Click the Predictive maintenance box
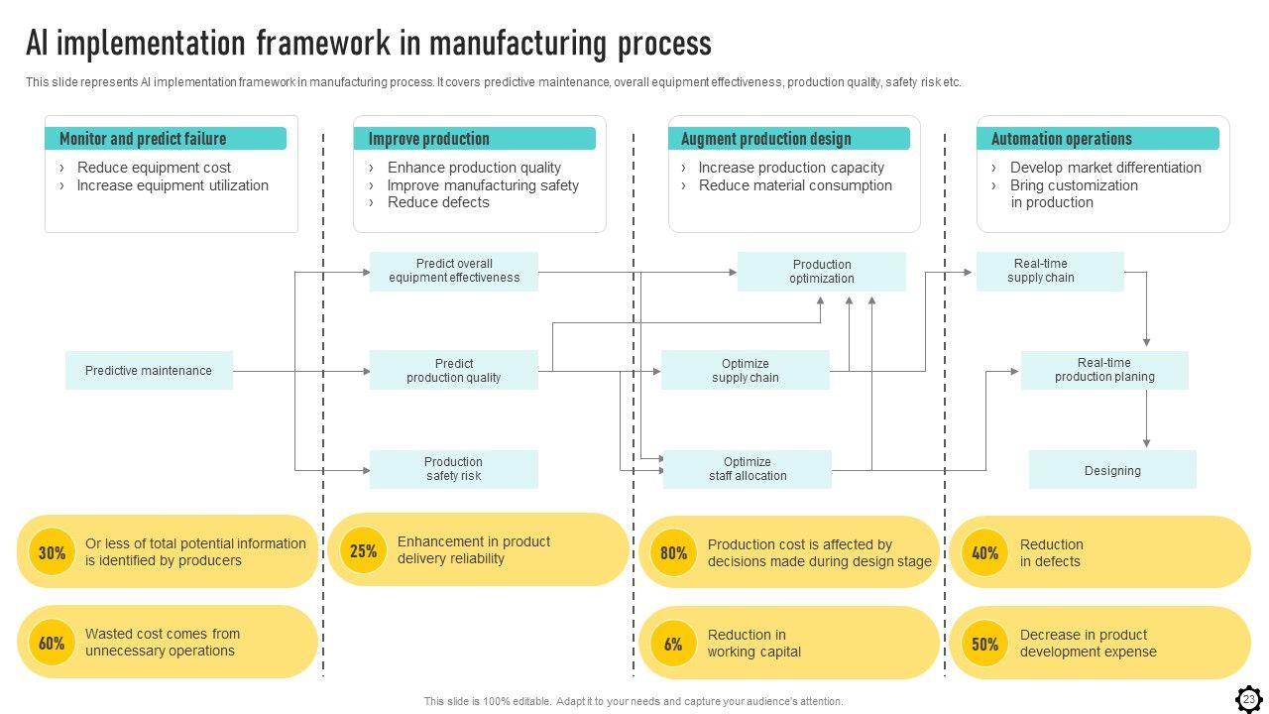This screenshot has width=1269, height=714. (149, 371)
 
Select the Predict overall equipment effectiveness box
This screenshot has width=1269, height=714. (454, 271)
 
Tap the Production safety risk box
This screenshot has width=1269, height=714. (454, 469)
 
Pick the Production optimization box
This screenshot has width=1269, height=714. (821, 272)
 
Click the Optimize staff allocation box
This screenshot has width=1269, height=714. (748, 469)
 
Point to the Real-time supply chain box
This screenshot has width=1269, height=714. (1050, 271)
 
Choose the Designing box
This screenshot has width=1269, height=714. (1112, 470)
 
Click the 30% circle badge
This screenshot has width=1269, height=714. (52, 552)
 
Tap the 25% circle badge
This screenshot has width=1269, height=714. (364, 550)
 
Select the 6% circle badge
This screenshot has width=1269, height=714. (673, 645)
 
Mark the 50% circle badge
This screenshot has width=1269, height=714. (984, 645)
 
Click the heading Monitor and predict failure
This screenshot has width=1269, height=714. (143, 139)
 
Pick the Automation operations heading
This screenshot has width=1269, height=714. (1061, 139)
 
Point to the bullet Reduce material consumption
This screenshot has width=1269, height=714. (795, 185)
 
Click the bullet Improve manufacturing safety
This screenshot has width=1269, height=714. (483, 185)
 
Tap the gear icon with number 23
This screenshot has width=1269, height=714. (1248, 699)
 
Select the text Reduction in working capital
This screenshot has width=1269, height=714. (753, 644)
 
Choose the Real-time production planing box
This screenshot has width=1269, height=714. (1104, 370)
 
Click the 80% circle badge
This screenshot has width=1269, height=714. (673, 553)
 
